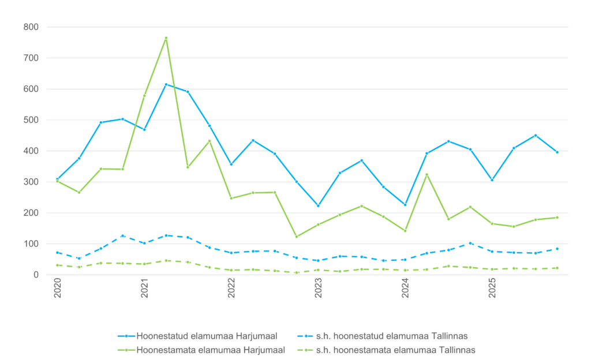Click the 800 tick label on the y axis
coord(31,27)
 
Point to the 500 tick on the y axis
coord(31,120)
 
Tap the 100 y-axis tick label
coord(31,244)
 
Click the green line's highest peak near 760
coord(166,38)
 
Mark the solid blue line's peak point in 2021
coord(166,84)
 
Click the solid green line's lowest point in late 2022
coord(297,237)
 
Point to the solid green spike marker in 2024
coord(427,174)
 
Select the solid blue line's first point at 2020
coord(57,179)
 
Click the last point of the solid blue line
coord(558,152)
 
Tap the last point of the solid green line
coord(558,217)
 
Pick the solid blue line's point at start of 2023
coord(318,206)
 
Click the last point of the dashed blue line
coord(558,249)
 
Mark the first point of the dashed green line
coord(57,265)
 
